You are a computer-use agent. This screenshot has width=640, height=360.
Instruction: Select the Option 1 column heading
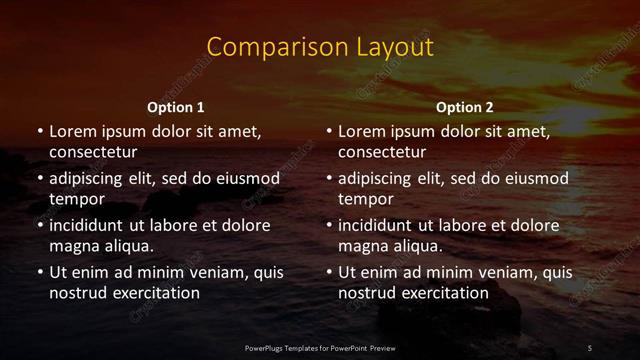pos(176,107)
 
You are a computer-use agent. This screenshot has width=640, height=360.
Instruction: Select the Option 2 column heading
pos(465,107)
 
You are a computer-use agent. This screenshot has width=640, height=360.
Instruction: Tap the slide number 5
pos(590,347)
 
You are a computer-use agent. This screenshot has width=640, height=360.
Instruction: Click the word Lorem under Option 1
pos(70,131)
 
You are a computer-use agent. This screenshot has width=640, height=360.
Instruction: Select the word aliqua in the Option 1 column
pos(127,246)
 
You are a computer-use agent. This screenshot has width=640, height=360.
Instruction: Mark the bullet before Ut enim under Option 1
pos(39,272)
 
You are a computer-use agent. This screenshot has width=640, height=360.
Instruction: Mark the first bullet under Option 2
pos(328,131)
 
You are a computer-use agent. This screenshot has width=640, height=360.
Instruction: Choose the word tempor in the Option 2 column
pos(362,199)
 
